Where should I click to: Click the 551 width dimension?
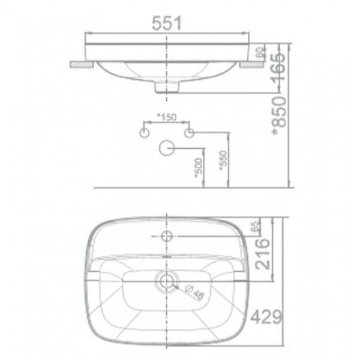click(166, 23)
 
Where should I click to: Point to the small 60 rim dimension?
click(262, 53)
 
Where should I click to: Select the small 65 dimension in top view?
click(254, 226)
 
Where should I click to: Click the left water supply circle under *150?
click(145, 132)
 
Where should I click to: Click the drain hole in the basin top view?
click(167, 279)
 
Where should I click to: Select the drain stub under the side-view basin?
click(167, 88)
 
